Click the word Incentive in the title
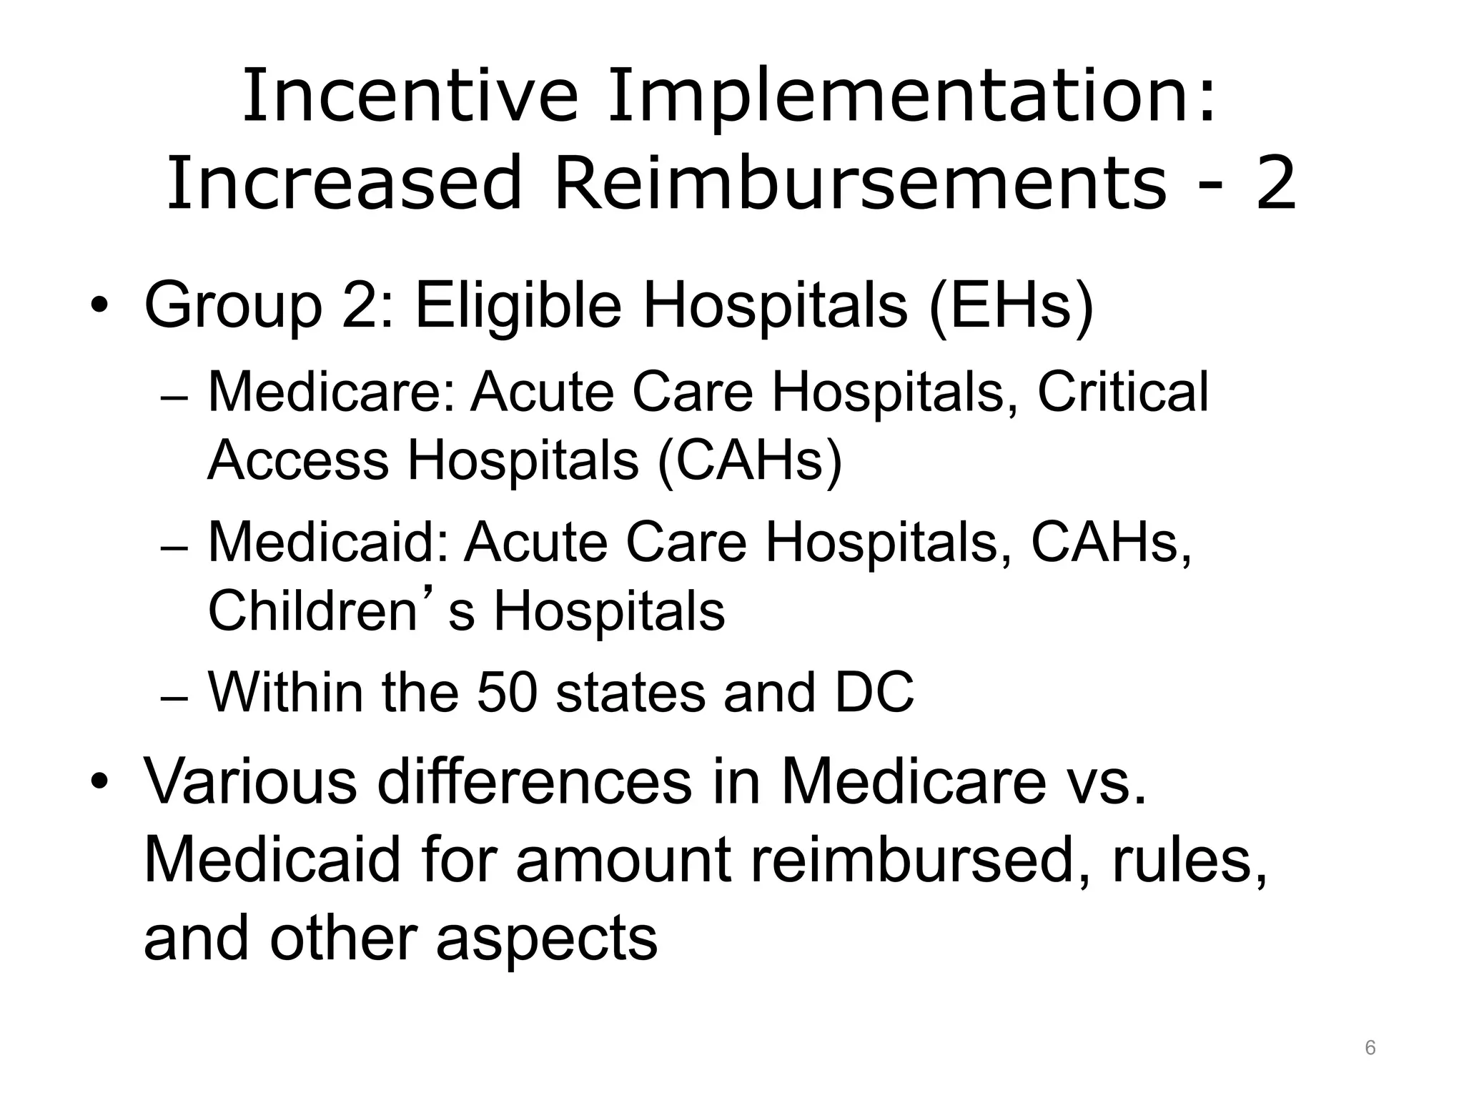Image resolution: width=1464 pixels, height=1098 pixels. [x=410, y=95]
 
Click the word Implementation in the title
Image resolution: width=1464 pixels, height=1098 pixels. [x=910, y=95]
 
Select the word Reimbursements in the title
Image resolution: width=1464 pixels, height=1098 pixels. [x=860, y=184]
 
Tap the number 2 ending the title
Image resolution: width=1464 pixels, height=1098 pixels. [x=1275, y=184]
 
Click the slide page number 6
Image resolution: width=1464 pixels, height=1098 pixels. [x=1370, y=1047]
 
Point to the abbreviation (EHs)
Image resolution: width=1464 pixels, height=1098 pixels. [x=1012, y=306]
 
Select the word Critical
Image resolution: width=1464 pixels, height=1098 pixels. [x=1122, y=392]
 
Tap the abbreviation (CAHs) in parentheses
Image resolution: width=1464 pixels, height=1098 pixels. [x=750, y=460]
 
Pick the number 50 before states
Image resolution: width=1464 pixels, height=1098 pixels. [x=506, y=692]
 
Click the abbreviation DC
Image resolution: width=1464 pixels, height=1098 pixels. [x=874, y=692]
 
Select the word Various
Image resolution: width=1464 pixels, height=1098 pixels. [x=250, y=781]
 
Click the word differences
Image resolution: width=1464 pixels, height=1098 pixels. [x=534, y=781]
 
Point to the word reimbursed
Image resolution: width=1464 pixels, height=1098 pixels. [x=912, y=860]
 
